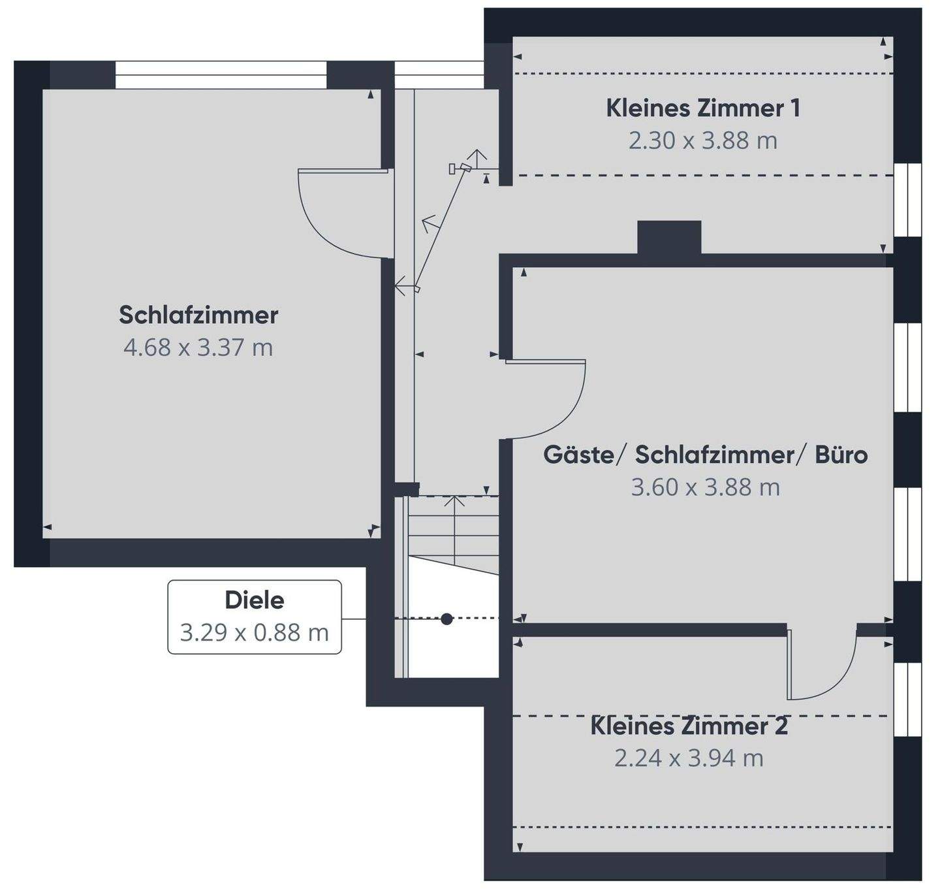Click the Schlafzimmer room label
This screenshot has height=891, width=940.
(198, 315)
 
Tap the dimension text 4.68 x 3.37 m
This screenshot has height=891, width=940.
(198, 348)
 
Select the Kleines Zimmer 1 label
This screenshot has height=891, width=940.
(703, 108)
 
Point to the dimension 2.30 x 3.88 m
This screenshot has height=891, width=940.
(703, 140)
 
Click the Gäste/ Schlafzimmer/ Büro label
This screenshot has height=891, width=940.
(705, 455)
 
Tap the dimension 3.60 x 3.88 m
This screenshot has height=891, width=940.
(705, 487)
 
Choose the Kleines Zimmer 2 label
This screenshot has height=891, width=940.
(689, 726)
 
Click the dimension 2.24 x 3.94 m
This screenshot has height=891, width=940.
(689, 758)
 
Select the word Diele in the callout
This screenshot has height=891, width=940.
(254, 600)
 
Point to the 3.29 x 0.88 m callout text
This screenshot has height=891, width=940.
(254, 632)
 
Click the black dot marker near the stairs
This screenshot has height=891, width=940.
(446, 619)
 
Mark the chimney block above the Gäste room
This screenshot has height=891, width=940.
(669, 237)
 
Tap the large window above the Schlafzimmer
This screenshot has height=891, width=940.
(221, 74)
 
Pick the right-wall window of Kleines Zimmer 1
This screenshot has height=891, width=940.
(907, 200)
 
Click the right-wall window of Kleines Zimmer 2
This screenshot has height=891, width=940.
(907, 700)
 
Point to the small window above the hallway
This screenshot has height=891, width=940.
(439, 74)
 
